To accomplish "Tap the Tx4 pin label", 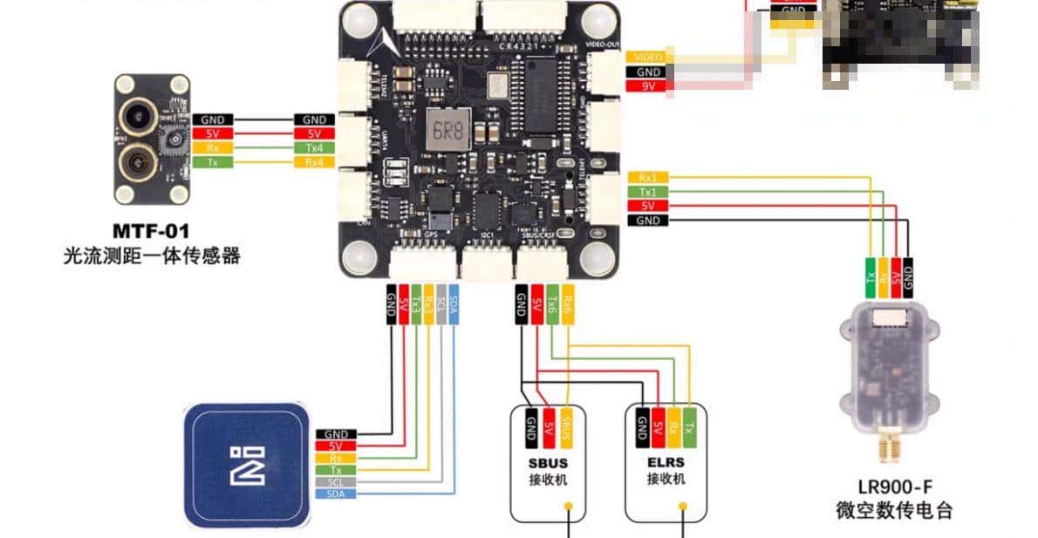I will (x=314, y=148).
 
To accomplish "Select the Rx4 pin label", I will (x=314, y=162).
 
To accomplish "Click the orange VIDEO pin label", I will (x=648, y=57).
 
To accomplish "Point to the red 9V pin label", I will (x=648, y=85).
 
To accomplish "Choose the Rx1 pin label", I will (x=648, y=178).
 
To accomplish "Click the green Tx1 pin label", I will (x=648, y=192).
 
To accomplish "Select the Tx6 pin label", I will (x=552, y=305).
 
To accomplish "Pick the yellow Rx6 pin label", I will (x=568, y=305).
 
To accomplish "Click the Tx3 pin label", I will (x=416, y=305).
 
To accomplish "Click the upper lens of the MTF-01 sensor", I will (x=135, y=112).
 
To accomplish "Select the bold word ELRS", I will (x=666, y=462).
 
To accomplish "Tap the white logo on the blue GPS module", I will (x=246, y=465).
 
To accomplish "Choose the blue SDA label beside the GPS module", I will (x=336, y=494).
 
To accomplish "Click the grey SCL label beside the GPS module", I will (x=336, y=481).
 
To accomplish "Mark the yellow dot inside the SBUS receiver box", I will (x=568, y=505).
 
